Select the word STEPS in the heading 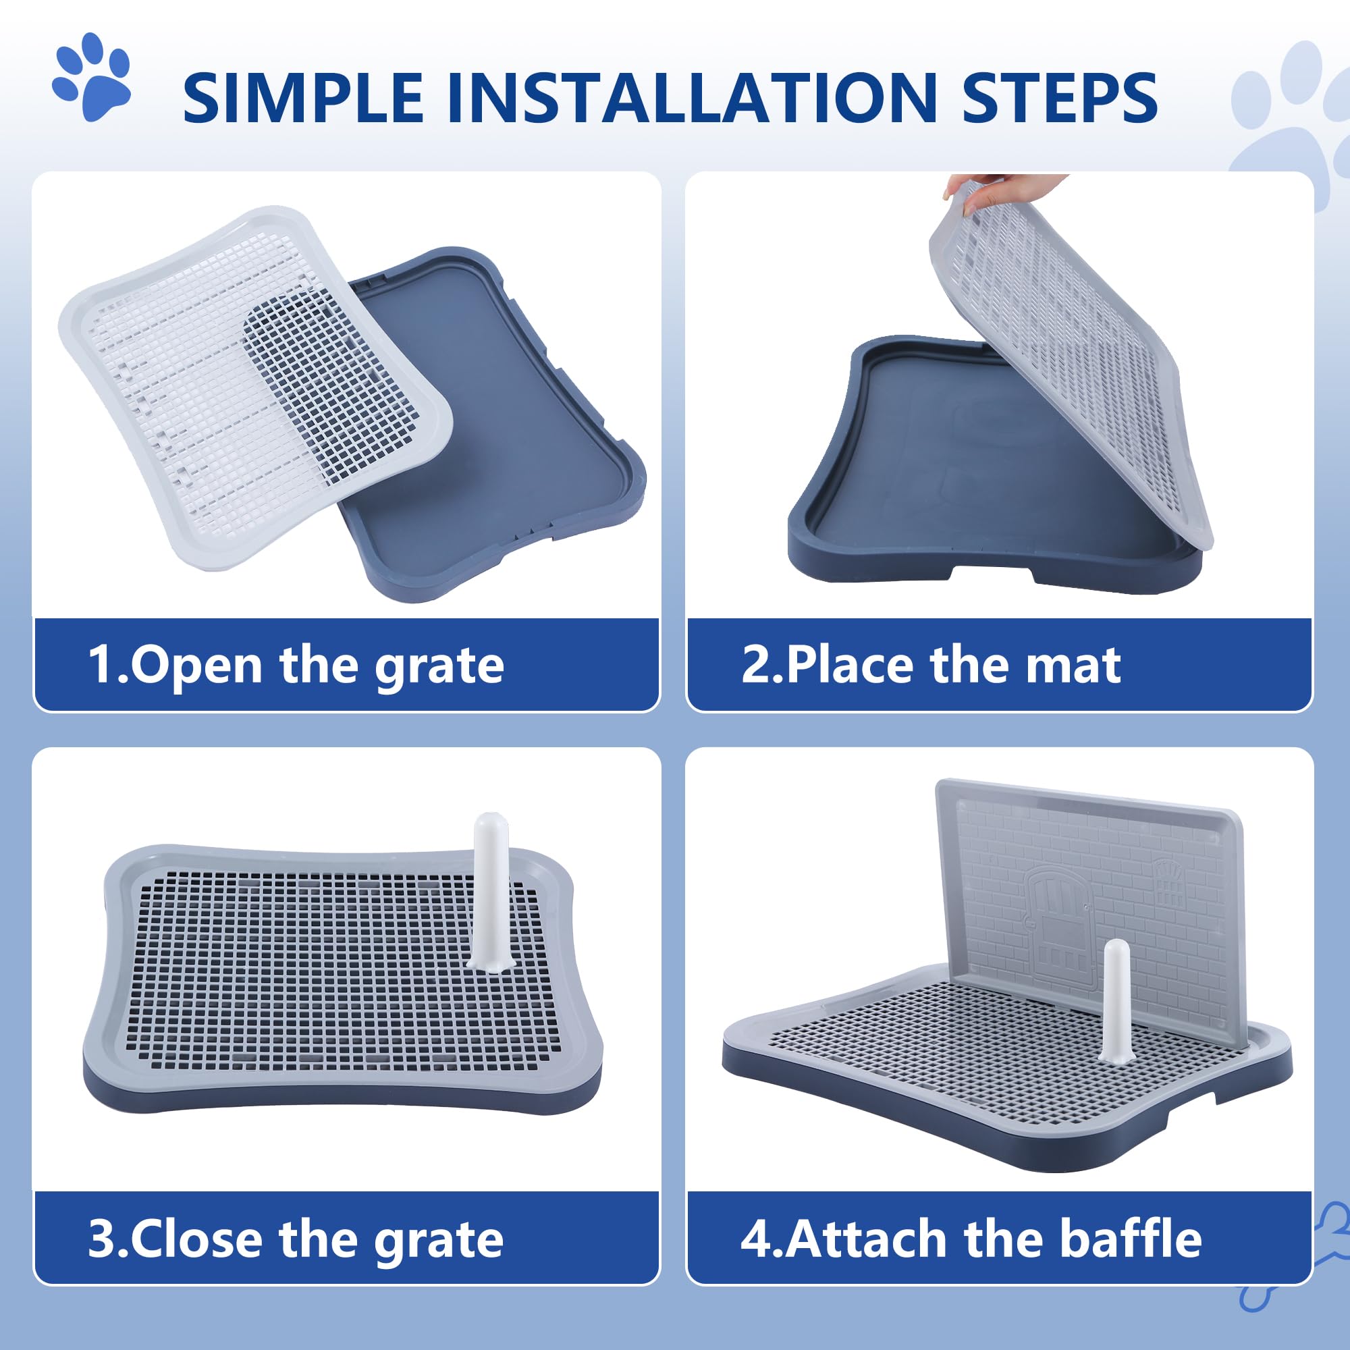click(1058, 98)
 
